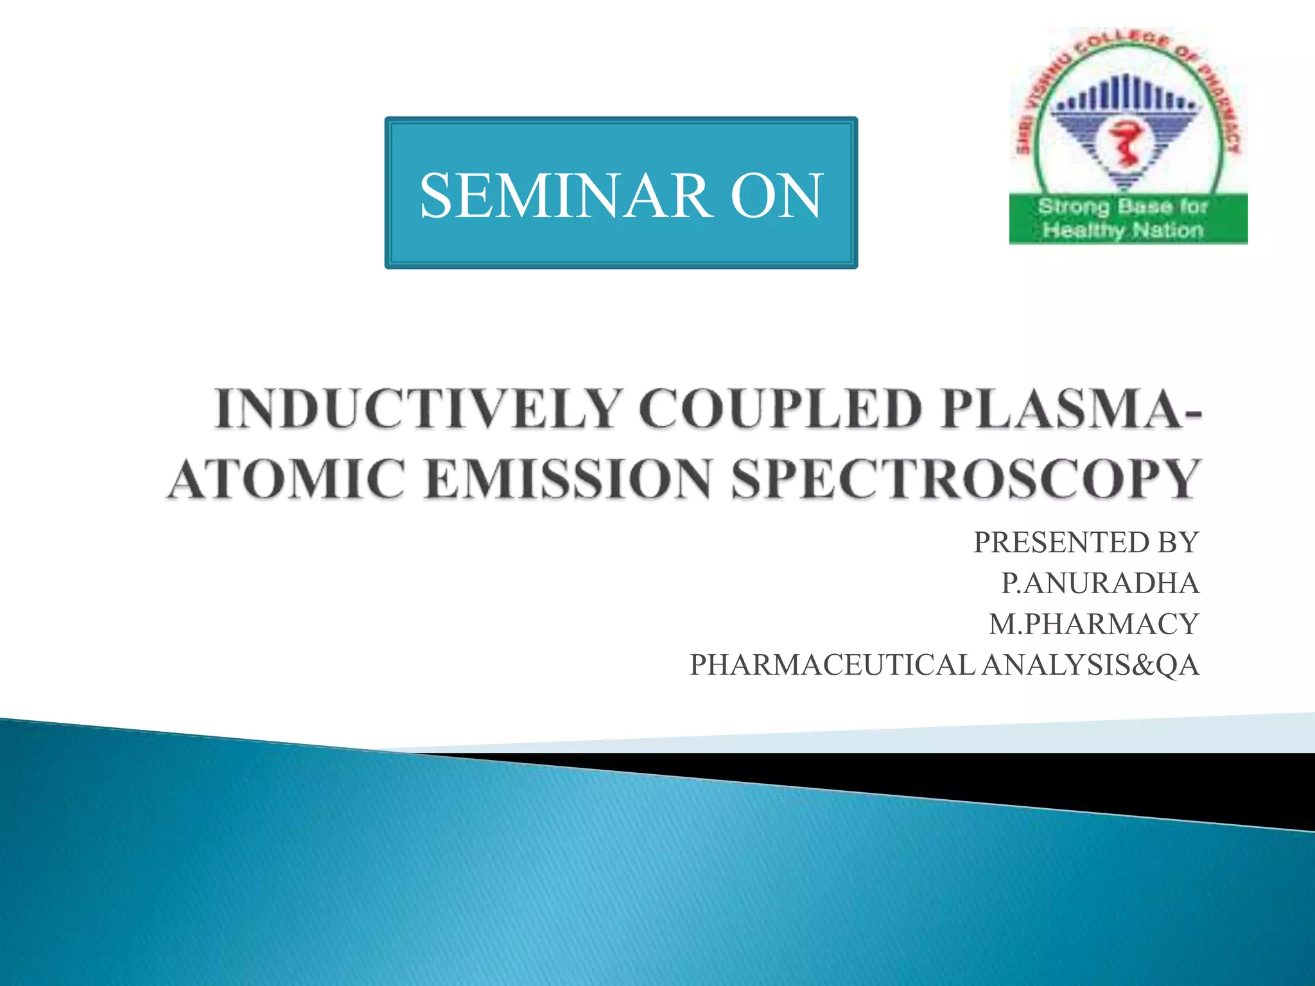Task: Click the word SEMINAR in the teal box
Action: tap(566, 195)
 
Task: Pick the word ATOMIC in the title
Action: tap(286, 479)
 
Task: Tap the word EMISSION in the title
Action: tap(568, 479)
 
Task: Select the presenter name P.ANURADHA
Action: tap(1100, 583)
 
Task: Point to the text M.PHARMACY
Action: tap(1093, 624)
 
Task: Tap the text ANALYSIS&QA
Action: tap(1090, 665)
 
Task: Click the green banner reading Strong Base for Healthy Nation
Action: tap(1128, 218)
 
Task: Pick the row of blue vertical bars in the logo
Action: tap(1125, 96)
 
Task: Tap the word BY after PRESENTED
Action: tap(1178, 542)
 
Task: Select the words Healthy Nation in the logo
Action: tap(1123, 230)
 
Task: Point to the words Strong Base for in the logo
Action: tap(1123, 207)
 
